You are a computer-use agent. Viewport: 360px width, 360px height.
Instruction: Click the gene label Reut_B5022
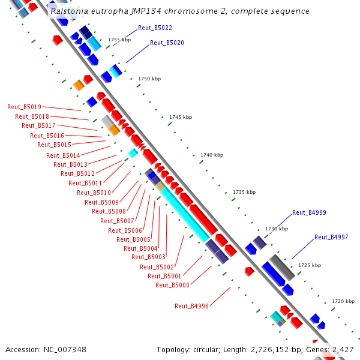pyautogui.click(x=155, y=28)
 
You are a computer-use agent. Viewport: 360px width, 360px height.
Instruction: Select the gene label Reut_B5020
pyautogui.click(x=167, y=43)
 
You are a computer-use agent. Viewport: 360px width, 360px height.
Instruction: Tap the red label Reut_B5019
pyautogui.click(x=24, y=107)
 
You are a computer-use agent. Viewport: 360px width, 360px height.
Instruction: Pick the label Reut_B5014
pyautogui.click(x=63, y=155)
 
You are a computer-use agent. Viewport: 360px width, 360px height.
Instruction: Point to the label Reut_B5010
pyautogui.click(x=94, y=193)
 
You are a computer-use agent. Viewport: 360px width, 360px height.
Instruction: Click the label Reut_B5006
pyautogui.click(x=125, y=230)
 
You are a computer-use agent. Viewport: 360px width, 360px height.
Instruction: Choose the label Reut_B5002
pyautogui.click(x=157, y=267)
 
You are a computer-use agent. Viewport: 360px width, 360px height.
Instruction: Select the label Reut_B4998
pyautogui.click(x=191, y=306)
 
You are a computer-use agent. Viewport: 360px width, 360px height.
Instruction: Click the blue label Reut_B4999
pyautogui.click(x=309, y=212)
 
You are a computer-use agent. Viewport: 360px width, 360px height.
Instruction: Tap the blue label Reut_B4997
pyautogui.click(x=331, y=237)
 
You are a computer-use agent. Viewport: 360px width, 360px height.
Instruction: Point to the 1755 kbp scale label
pyautogui.click(x=119, y=40)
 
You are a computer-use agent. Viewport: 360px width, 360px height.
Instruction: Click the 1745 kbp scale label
pyautogui.click(x=180, y=117)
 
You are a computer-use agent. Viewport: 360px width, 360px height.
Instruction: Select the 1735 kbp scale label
pyautogui.click(x=244, y=192)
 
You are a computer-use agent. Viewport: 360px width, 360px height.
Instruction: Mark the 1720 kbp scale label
pyautogui.click(x=343, y=301)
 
